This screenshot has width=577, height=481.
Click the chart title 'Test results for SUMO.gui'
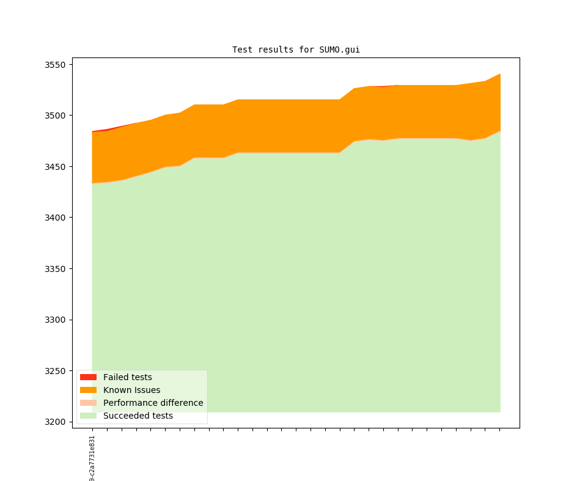(296, 50)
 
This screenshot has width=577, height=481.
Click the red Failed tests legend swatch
(88, 377)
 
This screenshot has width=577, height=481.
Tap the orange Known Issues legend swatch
(88, 390)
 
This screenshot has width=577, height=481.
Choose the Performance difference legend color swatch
(88, 403)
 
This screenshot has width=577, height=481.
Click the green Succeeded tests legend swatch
(88, 416)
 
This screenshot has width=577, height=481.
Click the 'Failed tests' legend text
(127, 377)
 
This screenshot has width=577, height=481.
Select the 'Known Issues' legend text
(131, 390)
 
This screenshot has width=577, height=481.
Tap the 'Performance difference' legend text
(153, 403)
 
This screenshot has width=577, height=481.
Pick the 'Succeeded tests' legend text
(138, 416)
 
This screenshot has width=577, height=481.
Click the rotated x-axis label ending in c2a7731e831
(92, 458)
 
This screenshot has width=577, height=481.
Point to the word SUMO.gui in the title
(340, 50)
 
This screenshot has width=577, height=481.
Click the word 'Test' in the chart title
(242, 50)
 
